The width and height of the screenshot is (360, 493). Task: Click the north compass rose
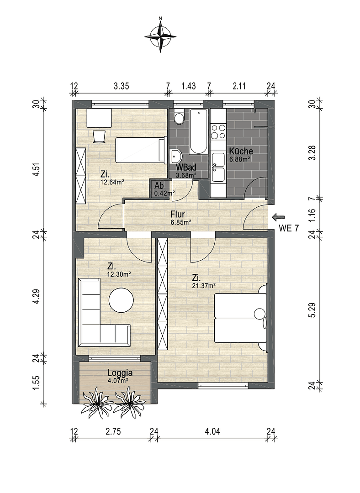tap(160, 36)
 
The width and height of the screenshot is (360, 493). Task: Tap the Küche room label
tap(241, 151)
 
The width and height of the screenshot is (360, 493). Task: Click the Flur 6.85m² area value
tap(180, 222)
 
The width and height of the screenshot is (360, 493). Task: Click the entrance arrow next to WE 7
tap(278, 217)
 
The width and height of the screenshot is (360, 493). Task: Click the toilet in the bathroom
tap(179, 117)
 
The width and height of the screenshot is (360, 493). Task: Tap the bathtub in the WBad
tap(198, 131)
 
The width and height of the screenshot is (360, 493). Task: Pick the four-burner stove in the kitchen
tap(218, 131)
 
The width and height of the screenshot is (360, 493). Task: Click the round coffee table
tap(121, 300)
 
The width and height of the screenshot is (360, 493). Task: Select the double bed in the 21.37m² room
tap(240, 318)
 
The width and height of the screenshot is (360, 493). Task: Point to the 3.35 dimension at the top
tap(122, 85)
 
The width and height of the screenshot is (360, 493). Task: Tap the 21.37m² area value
tap(204, 286)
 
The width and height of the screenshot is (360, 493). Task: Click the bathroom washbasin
tap(175, 156)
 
